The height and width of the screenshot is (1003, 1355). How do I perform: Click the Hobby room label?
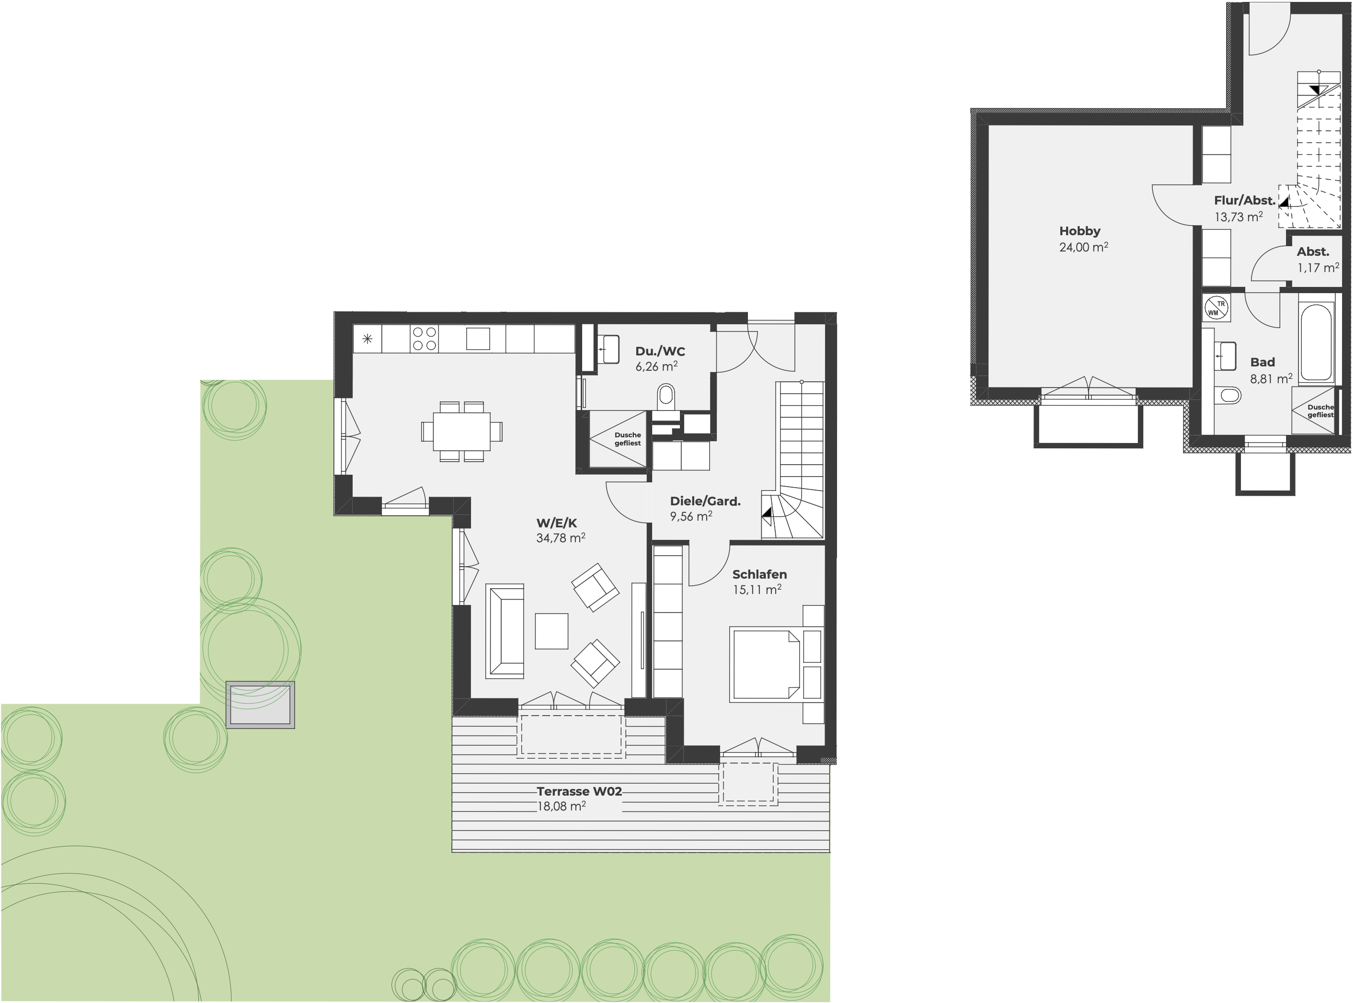(x=1079, y=231)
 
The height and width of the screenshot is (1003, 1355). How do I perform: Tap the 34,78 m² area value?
(x=561, y=537)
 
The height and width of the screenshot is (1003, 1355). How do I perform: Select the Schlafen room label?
(x=759, y=574)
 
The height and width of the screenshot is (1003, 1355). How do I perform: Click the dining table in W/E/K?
(x=461, y=431)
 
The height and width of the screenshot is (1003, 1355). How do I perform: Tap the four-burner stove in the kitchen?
(x=424, y=339)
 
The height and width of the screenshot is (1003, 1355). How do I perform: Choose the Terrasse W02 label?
(x=579, y=791)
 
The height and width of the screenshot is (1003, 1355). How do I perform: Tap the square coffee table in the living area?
(x=551, y=631)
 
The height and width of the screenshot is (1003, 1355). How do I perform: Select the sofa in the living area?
(x=505, y=631)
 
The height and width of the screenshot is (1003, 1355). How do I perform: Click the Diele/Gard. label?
(x=705, y=501)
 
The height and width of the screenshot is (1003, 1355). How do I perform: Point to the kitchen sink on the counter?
(x=478, y=339)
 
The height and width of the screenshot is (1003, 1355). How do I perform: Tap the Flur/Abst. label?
(x=1244, y=200)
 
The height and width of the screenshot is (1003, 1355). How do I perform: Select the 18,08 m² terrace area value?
(x=561, y=806)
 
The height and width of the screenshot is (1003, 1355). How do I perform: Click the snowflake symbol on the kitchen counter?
(x=367, y=339)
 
